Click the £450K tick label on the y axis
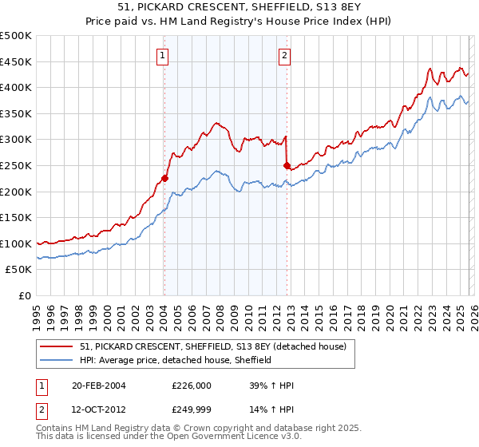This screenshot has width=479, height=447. (x=16, y=61)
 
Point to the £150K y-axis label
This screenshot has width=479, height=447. (x=16, y=218)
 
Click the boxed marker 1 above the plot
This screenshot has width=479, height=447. (x=163, y=55)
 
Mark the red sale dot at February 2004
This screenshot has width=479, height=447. (x=164, y=178)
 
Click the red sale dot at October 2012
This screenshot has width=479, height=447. (x=287, y=165)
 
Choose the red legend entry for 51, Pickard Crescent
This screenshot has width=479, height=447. (x=212, y=346)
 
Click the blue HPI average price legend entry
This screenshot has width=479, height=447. (x=176, y=360)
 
